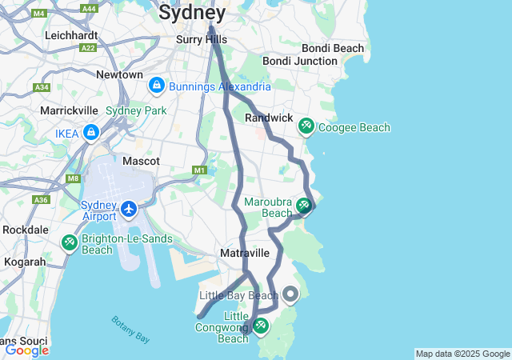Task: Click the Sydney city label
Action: (191, 12)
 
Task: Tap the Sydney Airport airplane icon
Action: (129, 209)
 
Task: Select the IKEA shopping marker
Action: (91, 132)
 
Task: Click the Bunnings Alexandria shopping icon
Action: (156, 85)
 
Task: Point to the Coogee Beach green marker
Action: (306, 126)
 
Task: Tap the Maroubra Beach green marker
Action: (303, 206)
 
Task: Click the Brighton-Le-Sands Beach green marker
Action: (70, 242)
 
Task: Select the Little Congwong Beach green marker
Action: (261, 326)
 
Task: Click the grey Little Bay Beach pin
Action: (290, 295)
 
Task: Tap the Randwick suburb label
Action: (269, 118)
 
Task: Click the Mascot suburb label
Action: (140, 161)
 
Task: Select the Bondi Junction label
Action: (300, 61)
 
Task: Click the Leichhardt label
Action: (71, 35)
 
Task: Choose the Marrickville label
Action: (71, 110)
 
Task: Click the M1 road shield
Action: (199, 170)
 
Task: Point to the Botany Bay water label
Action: (130, 329)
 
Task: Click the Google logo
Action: (26, 350)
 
